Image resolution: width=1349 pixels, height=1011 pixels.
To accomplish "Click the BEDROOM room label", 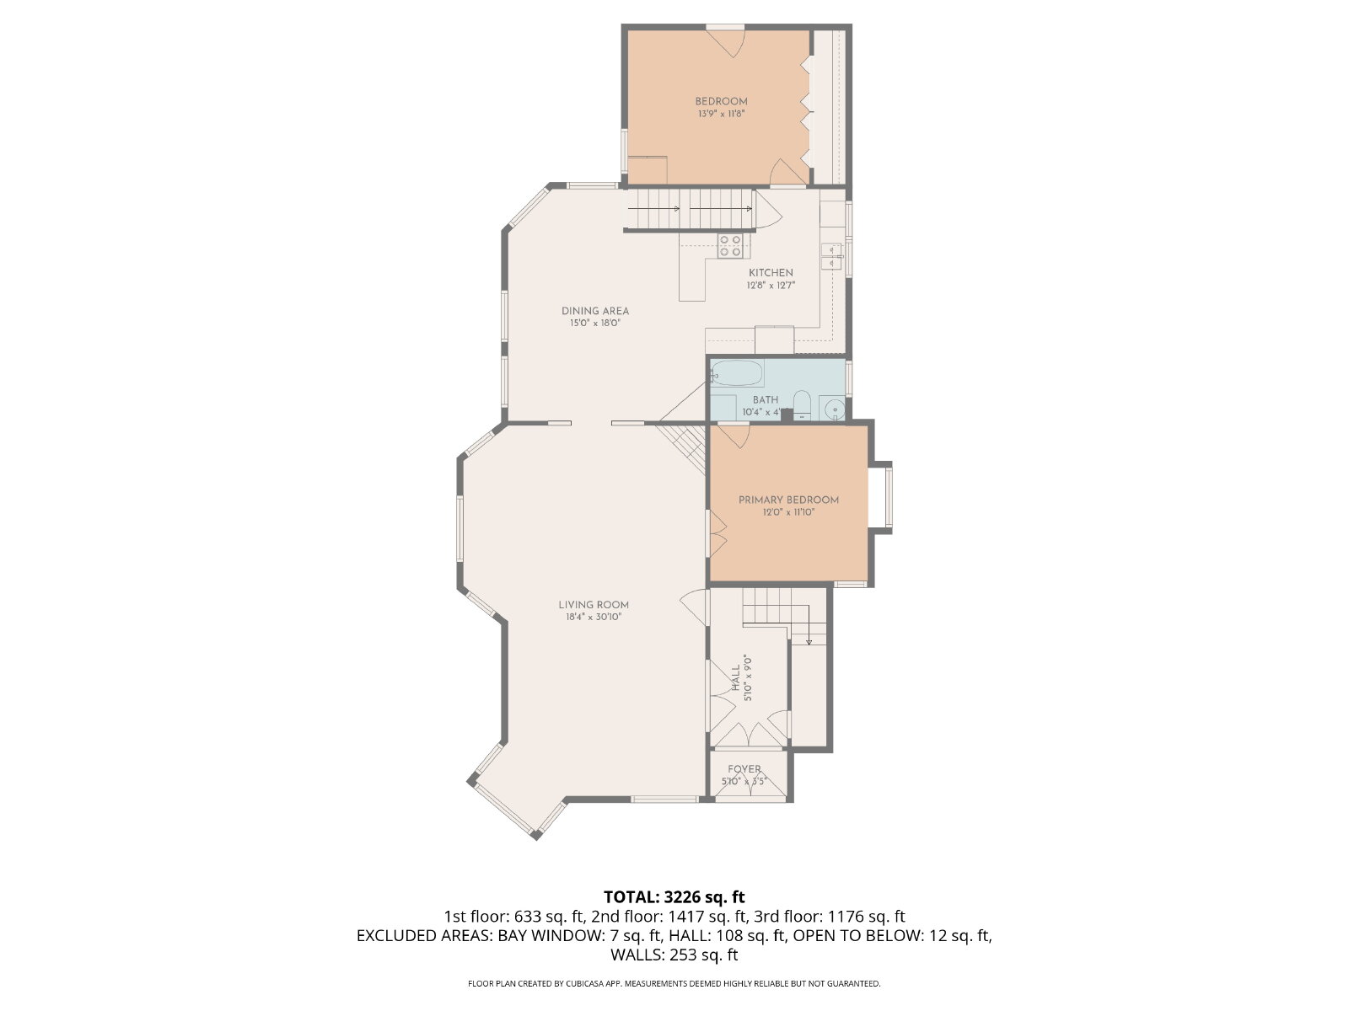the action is tap(721, 101).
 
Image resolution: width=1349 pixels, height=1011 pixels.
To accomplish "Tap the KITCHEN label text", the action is tap(771, 272).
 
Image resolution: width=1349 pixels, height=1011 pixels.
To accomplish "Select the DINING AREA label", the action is tap(595, 311).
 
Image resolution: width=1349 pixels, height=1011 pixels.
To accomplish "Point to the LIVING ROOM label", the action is tap(594, 605).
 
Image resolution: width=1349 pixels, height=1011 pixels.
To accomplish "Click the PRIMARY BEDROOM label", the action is tap(788, 500).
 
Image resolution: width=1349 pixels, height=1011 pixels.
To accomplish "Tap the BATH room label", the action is tap(766, 399).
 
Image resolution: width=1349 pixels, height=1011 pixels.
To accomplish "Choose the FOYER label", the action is tap(744, 769).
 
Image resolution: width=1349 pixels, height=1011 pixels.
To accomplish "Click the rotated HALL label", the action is tap(736, 677).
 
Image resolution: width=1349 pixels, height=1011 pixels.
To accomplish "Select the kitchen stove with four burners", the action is tap(730, 245).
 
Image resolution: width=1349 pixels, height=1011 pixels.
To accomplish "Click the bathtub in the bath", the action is tap(737, 373).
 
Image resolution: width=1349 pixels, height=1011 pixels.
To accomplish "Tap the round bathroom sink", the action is tap(834, 409).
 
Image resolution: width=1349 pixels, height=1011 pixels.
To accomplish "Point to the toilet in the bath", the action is tap(802, 405).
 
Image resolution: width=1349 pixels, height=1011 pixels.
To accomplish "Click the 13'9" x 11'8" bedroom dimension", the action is tap(721, 114).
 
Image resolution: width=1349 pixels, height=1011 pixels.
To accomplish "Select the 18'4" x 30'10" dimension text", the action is tap(594, 617).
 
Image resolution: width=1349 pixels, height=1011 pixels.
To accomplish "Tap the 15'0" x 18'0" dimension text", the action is tap(595, 323).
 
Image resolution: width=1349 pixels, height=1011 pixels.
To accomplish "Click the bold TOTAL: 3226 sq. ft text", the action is tap(674, 896).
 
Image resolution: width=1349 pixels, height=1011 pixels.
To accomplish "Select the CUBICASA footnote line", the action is tap(674, 983).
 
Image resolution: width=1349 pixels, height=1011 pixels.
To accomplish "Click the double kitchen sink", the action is tap(831, 256).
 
